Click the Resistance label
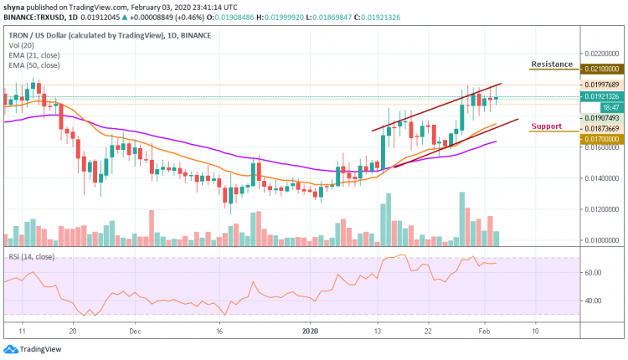tap(552, 64)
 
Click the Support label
tap(546, 126)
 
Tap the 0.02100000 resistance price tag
tap(601, 69)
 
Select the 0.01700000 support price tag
tap(601, 138)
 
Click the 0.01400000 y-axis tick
tap(601, 178)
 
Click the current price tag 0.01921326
tap(601, 97)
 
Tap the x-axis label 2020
tap(311, 331)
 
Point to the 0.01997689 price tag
tap(601, 85)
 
